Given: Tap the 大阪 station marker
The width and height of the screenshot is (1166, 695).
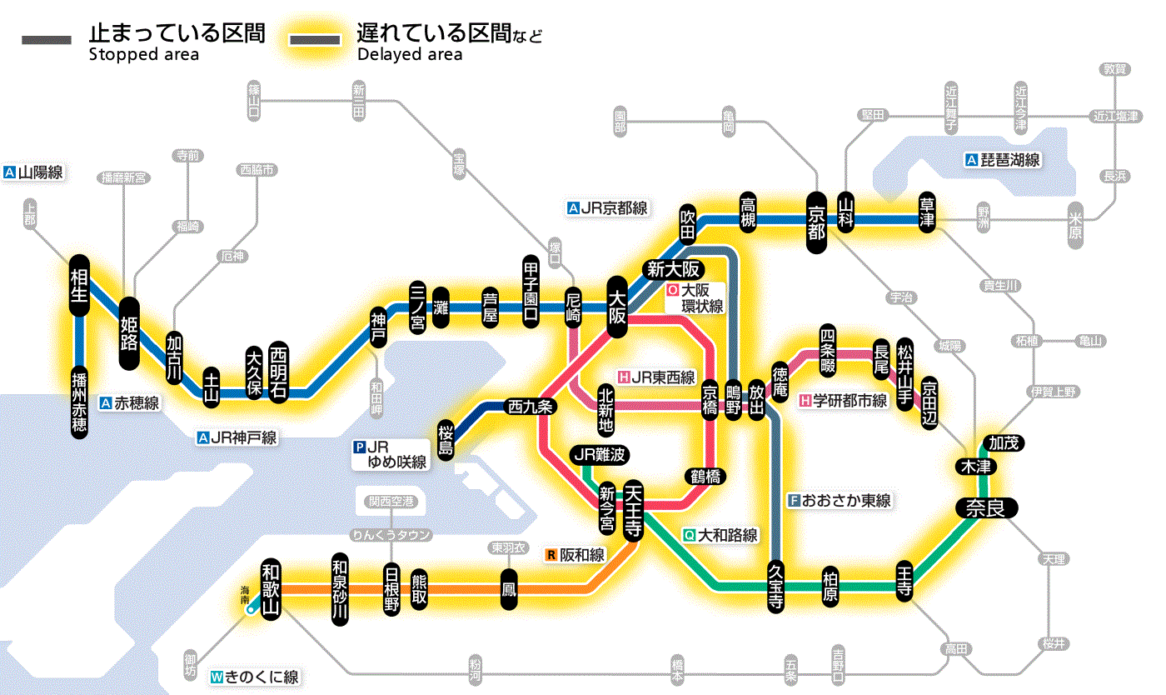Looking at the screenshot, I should [x=617, y=307].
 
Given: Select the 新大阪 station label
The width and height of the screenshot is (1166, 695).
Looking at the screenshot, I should [x=675, y=269].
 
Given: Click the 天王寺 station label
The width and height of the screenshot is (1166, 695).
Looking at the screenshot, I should [x=632, y=509].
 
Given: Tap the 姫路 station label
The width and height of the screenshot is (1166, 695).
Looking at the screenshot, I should [x=130, y=332].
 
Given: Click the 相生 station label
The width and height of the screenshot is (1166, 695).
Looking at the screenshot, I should [x=79, y=286].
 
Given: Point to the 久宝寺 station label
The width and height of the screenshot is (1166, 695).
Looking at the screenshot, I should [x=775, y=585].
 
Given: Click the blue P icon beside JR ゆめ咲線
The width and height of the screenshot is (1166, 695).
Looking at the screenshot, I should [x=360, y=447].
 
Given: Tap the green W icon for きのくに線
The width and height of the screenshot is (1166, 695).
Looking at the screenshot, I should [x=217, y=677].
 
